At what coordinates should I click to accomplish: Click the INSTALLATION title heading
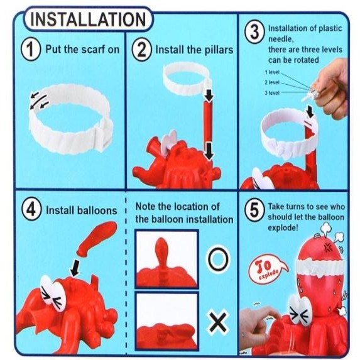(88, 19)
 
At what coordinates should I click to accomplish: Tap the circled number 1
(31, 50)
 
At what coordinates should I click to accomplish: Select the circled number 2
(141, 50)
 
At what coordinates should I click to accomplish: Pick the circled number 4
(31, 210)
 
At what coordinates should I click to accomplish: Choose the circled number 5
(254, 210)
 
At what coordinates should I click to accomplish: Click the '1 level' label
(272, 72)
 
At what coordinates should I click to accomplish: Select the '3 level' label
(272, 93)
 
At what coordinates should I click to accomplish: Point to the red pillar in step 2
(208, 123)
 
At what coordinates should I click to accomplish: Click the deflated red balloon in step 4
(97, 238)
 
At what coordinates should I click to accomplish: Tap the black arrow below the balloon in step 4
(75, 268)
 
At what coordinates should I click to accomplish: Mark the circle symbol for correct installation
(219, 259)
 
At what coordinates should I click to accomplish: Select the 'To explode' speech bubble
(267, 269)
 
